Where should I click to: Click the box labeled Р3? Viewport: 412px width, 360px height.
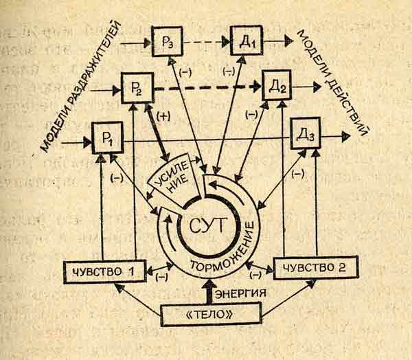coord(168,41)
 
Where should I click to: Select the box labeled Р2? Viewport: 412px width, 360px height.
coord(137,88)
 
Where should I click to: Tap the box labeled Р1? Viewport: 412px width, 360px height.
coord(108,138)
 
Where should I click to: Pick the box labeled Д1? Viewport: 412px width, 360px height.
coord(247,41)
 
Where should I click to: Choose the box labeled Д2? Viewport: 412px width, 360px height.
coord(277,85)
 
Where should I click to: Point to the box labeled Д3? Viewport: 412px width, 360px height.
coord(306,133)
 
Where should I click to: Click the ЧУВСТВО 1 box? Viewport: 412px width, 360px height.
coord(105,271)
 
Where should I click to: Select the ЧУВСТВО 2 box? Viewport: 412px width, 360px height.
coord(316,267)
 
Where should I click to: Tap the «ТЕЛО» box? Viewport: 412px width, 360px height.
coord(211,314)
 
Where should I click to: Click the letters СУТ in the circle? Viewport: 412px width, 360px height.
coord(208,225)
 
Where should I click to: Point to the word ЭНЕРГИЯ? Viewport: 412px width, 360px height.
coord(241,293)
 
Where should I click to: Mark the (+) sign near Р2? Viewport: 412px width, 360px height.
coord(163,116)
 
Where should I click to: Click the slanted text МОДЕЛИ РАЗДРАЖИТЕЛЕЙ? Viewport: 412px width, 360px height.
coord(81,87)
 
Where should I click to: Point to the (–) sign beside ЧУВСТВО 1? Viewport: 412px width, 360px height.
coord(162,277)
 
